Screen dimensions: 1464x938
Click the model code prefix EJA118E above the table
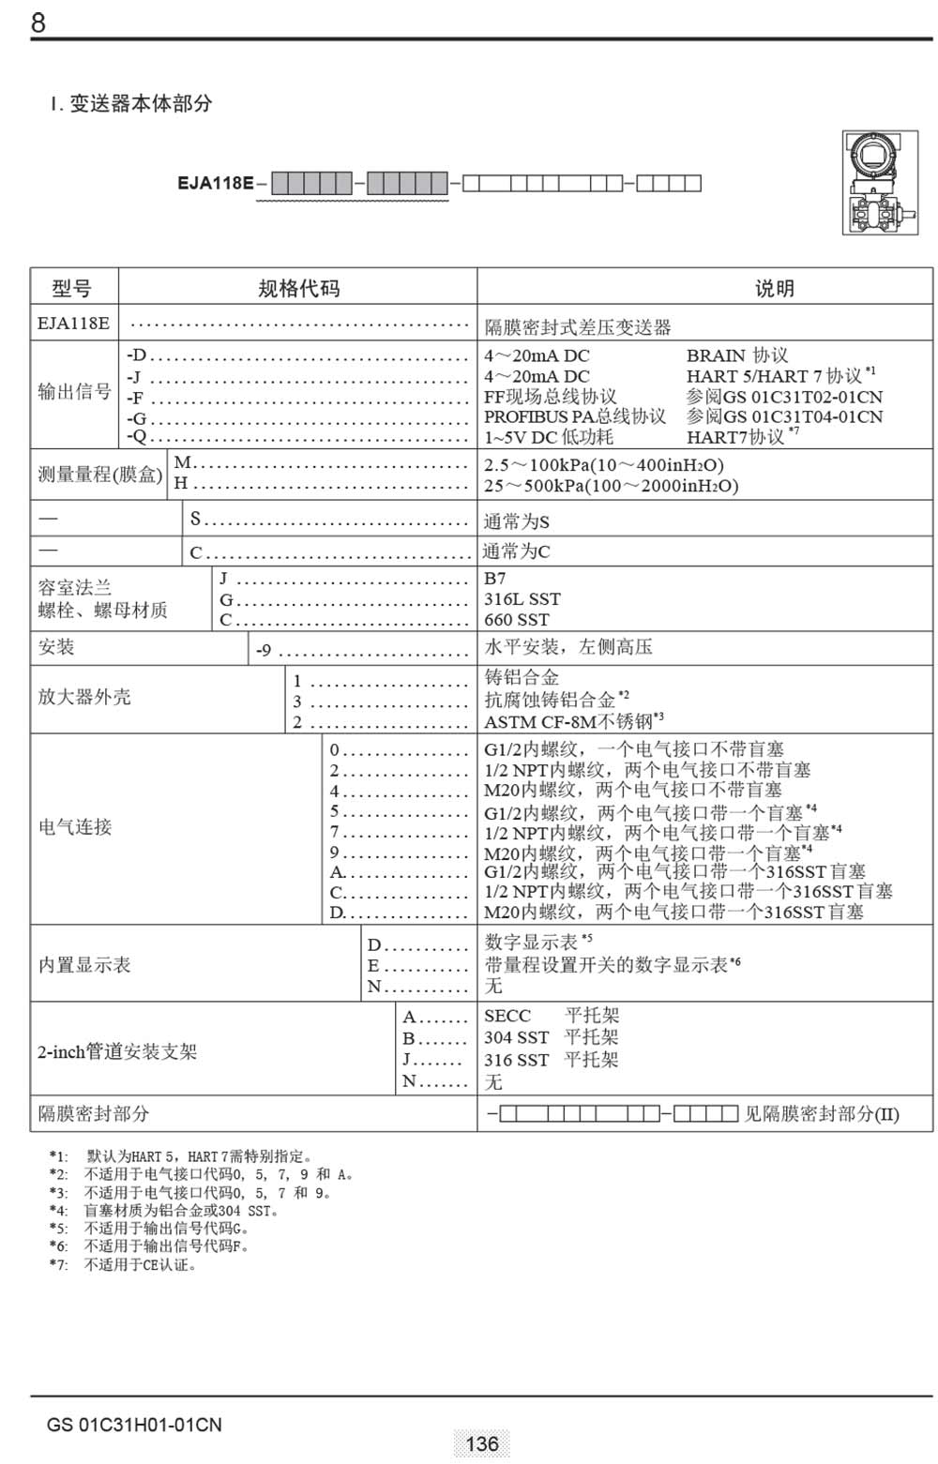click(x=215, y=183)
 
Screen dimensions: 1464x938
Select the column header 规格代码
click(x=298, y=289)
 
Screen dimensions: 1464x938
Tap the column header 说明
click(x=774, y=289)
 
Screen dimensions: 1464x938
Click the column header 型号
click(x=72, y=289)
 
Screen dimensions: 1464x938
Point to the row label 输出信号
click(x=74, y=392)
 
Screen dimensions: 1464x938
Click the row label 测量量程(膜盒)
click(x=99, y=475)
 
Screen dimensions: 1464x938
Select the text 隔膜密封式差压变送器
click(x=577, y=327)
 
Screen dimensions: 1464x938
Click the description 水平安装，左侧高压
click(x=567, y=647)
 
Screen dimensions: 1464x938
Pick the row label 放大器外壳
click(x=84, y=697)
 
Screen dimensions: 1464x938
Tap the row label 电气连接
click(x=75, y=827)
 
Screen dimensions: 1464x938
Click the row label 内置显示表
click(x=84, y=965)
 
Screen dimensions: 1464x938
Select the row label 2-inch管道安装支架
click(x=117, y=1052)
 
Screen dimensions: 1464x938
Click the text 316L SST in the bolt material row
click(x=522, y=599)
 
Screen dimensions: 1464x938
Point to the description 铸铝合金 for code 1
click(x=522, y=677)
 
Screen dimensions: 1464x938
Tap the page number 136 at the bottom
click(x=481, y=1443)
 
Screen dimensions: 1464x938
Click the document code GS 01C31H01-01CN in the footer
click(x=134, y=1425)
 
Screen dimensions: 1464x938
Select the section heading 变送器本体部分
click(x=141, y=103)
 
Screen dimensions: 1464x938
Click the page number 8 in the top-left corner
click(x=38, y=22)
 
